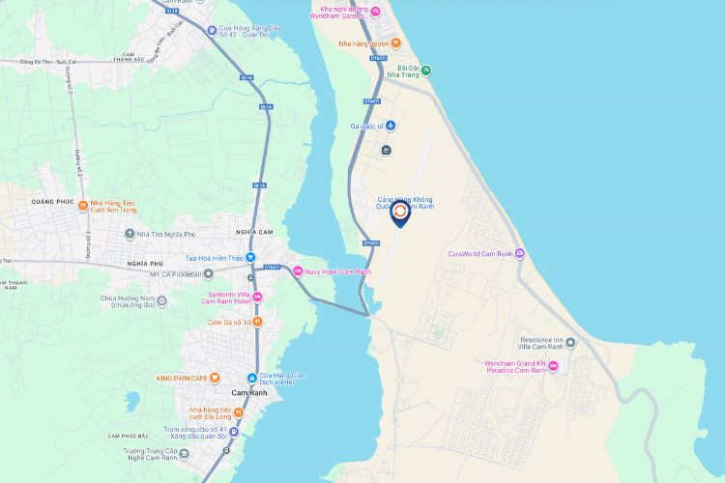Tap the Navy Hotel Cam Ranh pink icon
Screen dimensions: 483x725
click(298, 271)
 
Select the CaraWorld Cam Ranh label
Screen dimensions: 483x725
click(479, 254)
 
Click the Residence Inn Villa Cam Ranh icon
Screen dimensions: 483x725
click(570, 342)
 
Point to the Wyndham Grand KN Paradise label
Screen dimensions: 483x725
click(515, 367)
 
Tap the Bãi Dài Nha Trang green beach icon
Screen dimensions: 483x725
click(426, 70)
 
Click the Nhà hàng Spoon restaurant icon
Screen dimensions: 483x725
click(373, 43)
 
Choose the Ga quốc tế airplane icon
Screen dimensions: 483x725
click(391, 126)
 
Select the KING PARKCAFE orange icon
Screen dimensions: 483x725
click(215, 377)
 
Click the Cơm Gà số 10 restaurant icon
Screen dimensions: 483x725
click(257, 322)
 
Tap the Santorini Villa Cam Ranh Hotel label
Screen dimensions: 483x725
click(225, 297)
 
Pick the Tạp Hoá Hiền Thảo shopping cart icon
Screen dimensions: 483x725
click(250, 258)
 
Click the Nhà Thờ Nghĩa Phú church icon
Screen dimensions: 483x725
click(130, 233)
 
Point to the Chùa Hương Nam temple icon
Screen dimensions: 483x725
click(161, 300)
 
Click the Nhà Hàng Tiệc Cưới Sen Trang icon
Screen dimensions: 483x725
click(83, 206)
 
